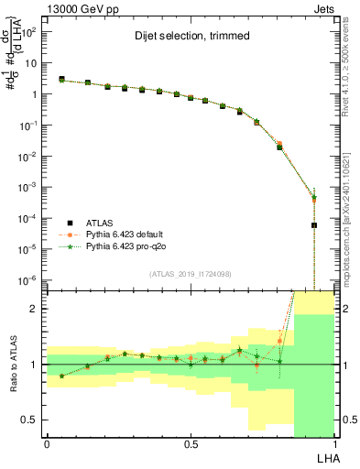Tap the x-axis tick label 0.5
[x=191, y=442]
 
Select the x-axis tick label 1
[x=335, y=442]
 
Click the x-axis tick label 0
[x=47, y=442]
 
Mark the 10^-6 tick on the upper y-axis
[x=28, y=279]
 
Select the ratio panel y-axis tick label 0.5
[x=29, y=420]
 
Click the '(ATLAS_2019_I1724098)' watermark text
[x=191, y=274]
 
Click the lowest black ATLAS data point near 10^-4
[x=314, y=224]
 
